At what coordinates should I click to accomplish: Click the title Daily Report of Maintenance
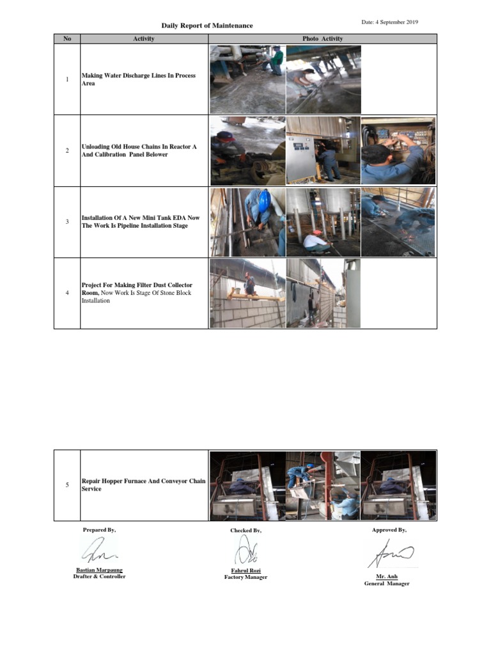click(207, 26)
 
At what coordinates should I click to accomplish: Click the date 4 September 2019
click(389, 22)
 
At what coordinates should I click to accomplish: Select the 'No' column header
click(67, 39)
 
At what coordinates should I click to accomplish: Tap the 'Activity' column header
click(144, 39)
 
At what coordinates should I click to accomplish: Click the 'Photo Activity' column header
click(322, 39)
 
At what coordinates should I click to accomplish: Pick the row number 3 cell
click(67, 222)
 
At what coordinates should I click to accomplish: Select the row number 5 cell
click(67, 485)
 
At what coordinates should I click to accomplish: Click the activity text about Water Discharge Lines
click(139, 80)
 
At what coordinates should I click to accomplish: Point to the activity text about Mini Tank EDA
click(141, 222)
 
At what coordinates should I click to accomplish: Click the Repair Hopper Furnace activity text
click(143, 485)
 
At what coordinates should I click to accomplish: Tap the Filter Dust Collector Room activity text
click(137, 293)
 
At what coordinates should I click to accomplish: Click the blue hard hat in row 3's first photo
click(263, 201)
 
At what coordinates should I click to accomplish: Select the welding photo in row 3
click(398, 222)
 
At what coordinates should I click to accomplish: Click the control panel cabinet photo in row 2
click(322, 151)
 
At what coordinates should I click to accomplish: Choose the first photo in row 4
click(247, 293)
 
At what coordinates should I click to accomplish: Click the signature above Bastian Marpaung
click(98, 550)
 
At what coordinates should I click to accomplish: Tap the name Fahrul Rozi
click(245, 571)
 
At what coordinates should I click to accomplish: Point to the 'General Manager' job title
click(386, 583)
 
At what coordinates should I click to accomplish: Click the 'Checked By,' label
click(245, 531)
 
